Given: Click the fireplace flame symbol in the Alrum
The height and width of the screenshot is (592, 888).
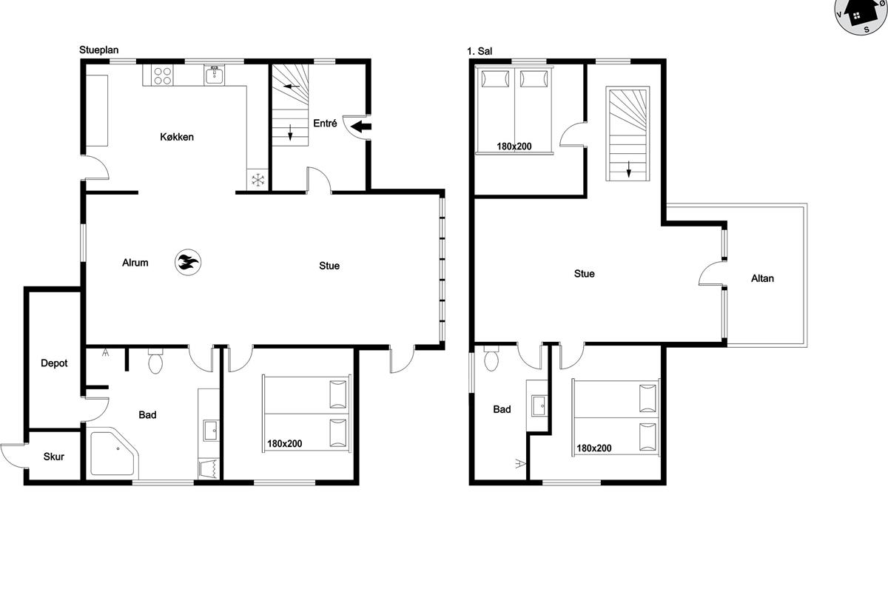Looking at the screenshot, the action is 188,262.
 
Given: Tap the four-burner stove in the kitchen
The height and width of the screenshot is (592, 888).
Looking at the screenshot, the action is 163,75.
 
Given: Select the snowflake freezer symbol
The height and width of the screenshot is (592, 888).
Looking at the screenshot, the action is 258,180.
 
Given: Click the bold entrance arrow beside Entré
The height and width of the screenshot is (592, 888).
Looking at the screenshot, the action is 361,127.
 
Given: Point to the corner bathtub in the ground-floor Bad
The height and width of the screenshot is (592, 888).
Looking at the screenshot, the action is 113,453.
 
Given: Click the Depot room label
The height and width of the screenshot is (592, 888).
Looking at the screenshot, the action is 54,363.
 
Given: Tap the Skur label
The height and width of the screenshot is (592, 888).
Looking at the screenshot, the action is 53,457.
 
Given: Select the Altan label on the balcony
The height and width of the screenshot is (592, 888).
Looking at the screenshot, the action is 762,278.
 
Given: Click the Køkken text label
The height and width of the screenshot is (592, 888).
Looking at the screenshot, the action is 177,137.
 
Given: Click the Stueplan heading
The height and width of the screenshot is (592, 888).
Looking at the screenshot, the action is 98,50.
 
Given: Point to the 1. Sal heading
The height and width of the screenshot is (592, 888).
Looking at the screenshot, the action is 480,51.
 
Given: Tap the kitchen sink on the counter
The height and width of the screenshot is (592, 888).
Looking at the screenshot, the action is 214,75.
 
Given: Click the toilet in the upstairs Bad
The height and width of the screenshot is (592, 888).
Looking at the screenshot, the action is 491,358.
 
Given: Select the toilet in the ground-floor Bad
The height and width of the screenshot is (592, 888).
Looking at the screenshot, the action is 155,361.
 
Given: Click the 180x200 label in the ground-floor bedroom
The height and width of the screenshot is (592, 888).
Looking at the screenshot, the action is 285,444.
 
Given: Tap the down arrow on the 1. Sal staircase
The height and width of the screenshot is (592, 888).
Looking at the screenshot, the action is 629,169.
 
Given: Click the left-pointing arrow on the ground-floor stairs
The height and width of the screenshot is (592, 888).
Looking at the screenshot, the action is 292,86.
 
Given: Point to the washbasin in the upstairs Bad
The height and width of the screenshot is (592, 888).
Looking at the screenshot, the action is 539,406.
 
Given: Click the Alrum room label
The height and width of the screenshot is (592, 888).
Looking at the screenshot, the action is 135,263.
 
